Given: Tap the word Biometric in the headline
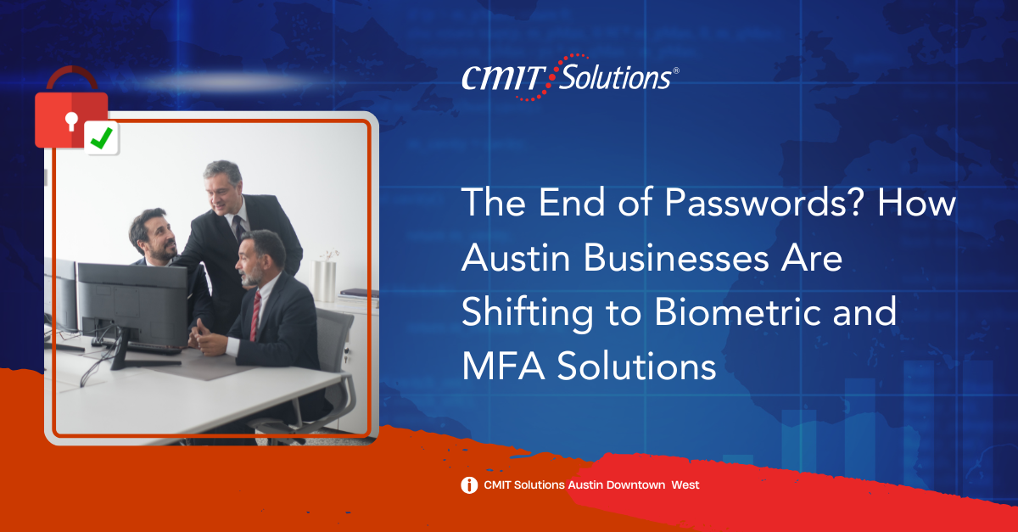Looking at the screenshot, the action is [x=737, y=312].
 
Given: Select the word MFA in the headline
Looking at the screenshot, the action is [x=504, y=366].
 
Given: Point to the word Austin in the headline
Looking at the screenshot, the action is [x=516, y=257].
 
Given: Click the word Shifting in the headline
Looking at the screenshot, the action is [x=527, y=314].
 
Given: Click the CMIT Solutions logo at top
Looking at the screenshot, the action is [x=570, y=77].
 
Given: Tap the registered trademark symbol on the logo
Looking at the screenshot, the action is [x=676, y=70].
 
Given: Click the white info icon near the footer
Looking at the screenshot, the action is [x=469, y=485].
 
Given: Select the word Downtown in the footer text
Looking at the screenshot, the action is [x=635, y=485].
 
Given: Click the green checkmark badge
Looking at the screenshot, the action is [x=102, y=137].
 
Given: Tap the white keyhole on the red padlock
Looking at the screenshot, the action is [x=71, y=120].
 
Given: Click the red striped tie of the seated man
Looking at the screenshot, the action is [x=255, y=316].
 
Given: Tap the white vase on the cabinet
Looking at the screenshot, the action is [x=324, y=281].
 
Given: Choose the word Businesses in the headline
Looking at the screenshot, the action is [x=676, y=257].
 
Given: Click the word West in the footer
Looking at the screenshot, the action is [x=685, y=485].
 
